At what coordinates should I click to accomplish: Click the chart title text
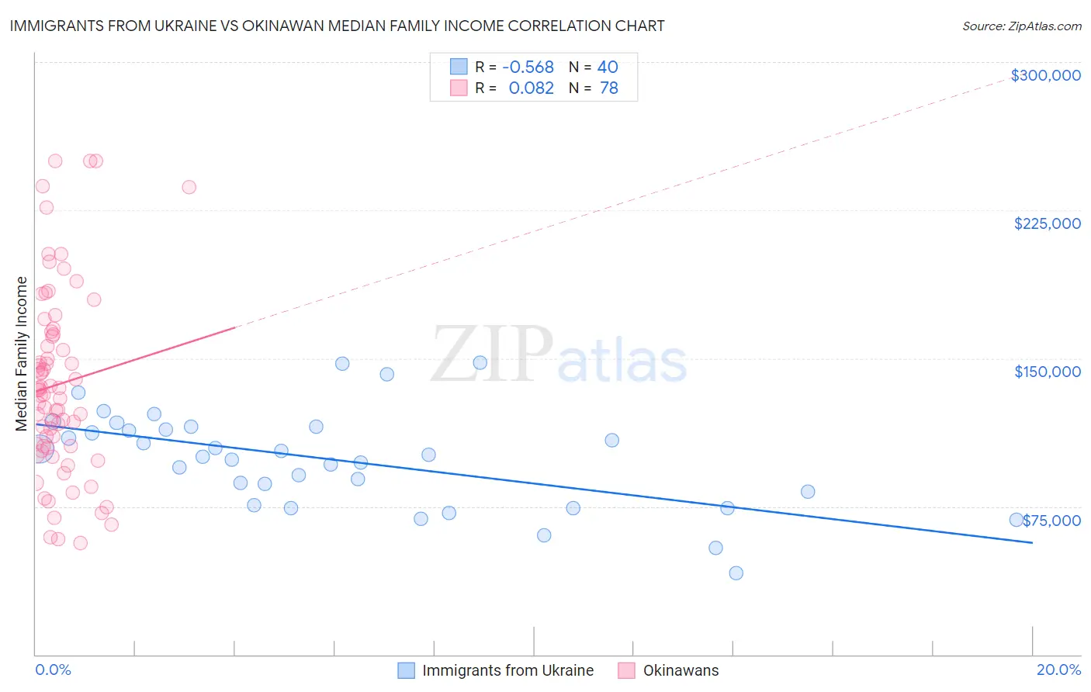coord(337,26)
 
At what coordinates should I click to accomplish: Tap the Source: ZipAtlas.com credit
coord(1021,26)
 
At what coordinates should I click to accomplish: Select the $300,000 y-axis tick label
coord(1045,75)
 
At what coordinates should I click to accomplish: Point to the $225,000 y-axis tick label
coord(1047,223)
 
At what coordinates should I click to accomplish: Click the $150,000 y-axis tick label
coord(1047,372)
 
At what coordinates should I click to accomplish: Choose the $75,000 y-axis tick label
coord(1051,521)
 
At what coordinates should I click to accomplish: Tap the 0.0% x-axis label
coord(53,670)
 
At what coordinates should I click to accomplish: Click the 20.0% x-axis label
coord(1058,670)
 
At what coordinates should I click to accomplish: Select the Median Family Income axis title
coord(22,354)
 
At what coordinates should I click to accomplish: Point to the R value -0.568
coord(528,67)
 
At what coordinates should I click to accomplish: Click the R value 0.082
coord(531,88)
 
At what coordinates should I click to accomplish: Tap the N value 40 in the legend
coord(608,67)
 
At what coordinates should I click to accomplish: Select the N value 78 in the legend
coord(609,88)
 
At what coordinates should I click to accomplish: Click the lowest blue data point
coord(736,573)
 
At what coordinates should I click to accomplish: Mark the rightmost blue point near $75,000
coord(1016,520)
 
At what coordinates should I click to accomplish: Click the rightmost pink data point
coord(189,187)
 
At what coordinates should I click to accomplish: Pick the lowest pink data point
coord(80,543)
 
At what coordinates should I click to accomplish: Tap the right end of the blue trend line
coord(1032,542)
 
